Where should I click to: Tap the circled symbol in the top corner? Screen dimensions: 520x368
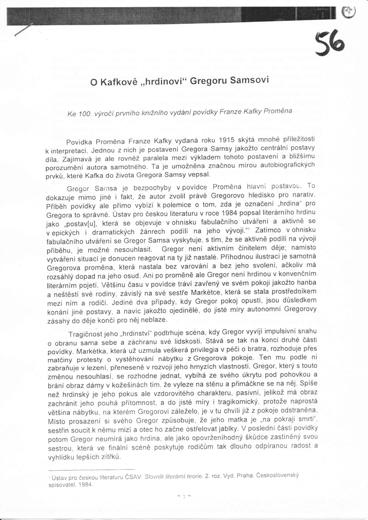[x=349, y=13]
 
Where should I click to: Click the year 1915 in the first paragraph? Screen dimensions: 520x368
[x=229, y=140]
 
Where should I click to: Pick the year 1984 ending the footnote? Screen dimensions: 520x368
[x=86, y=484]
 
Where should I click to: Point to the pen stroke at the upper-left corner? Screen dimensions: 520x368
[x=23, y=30]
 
